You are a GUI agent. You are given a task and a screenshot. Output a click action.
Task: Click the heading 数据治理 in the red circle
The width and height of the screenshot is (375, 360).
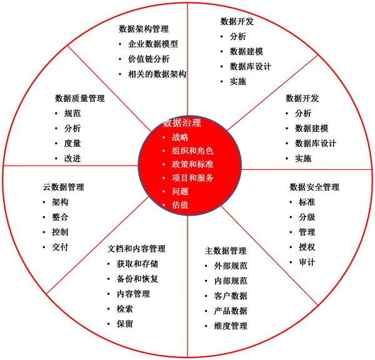pyautogui.click(x=182, y=122)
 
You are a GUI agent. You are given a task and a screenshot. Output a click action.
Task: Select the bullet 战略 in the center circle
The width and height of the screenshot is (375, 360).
pyautogui.click(x=180, y=137)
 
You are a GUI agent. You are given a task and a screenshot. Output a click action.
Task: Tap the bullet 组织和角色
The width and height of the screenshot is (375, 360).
pyautogui.click(x=192, y=151)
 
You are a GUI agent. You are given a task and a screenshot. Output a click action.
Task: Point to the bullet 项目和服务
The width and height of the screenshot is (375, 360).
pyautogui.click(x=192, y=177)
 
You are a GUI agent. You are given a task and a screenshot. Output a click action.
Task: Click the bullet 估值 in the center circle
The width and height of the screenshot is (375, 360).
pyautogui.click(x=180, y=205)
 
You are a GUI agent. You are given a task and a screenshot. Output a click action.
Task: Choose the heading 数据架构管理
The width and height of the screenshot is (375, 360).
pyautogui.click(x=144, y=29)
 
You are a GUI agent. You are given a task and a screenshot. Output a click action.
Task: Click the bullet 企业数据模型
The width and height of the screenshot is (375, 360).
pyautogui.click(x=153, y=44)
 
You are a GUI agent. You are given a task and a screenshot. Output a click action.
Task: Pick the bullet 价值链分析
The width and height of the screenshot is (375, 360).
pyautogui.click(x=149, y=59)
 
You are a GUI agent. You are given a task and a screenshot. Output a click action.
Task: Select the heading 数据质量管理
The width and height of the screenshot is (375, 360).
pyautogui.click(x=80, y=98)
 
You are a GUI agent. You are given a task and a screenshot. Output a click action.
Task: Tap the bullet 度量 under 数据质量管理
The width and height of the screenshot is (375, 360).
pyautogui.click(x=72, y=143)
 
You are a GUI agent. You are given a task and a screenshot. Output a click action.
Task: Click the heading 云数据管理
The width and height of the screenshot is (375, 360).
pyautogui.click(x=64, y=187)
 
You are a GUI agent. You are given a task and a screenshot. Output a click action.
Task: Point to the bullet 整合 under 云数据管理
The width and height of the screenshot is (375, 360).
pyautogui.click(x=60, y=217)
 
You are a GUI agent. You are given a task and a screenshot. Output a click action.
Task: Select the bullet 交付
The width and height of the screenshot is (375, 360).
pyautogui.click(x=60, y=247)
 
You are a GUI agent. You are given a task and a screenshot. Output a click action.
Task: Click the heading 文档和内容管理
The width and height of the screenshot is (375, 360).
pyautogui.click(x=136, y=249)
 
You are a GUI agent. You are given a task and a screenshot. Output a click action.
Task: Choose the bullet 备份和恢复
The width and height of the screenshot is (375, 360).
pyautogui.click(x=137, y=279)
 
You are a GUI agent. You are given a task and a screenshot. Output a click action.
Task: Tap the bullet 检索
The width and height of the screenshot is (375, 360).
pyautogui.click(x=124, y=309)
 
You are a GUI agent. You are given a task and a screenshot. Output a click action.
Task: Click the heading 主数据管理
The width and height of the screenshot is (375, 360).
pyautogui.click(x=226, y=251)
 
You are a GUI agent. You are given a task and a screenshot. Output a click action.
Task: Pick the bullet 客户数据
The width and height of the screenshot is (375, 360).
pyautogui.click(x=231, y=296)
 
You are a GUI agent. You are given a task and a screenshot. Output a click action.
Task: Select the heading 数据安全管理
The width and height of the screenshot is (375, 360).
pyautogui.click(x=314, y=187)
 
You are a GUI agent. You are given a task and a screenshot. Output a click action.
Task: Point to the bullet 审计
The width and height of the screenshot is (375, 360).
pyautogui.click(x=307, y=262)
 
